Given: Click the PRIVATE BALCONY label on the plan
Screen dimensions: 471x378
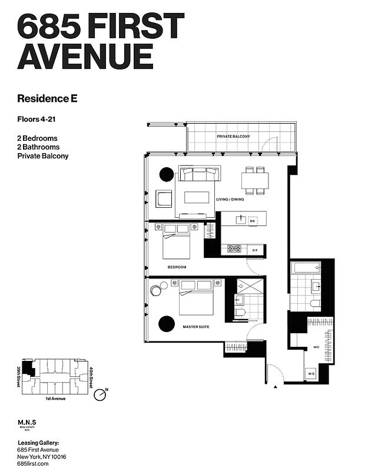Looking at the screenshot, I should point(233,137).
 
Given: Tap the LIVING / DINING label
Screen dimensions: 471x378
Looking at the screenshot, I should point(230,200).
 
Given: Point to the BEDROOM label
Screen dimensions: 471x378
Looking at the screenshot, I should point(177,267).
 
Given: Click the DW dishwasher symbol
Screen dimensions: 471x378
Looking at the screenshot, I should point(253,221).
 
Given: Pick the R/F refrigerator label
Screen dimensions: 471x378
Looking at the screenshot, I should point(255,251).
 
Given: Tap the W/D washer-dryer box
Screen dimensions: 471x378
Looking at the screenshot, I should point(311,374).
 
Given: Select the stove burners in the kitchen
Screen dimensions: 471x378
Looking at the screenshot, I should point(234,249).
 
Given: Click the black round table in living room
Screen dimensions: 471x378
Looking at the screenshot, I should point(167,174).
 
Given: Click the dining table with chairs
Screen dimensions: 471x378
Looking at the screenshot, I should point(256,180).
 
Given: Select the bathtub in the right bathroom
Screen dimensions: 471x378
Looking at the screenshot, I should point(305,268).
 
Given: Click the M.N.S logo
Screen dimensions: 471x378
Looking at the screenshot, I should point(28,423).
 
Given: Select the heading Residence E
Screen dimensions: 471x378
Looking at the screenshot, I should point(47,98).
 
